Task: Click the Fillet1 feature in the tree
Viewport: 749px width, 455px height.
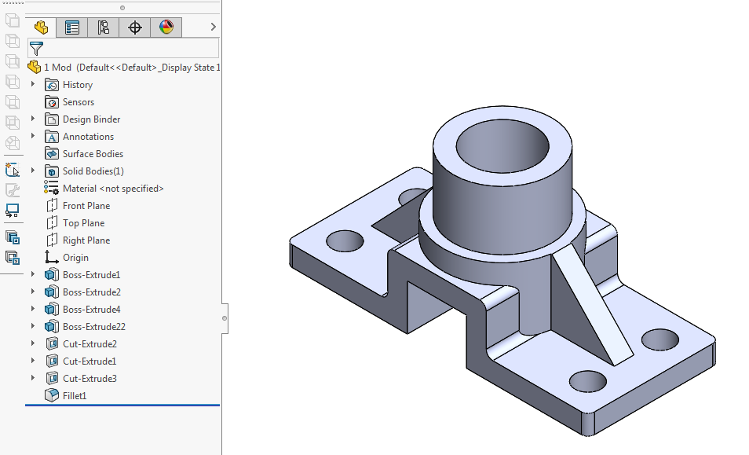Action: click(x=74, y=395)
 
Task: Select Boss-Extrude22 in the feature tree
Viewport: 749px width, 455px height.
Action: click(x=93, y=326)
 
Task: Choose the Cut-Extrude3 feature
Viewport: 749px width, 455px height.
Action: click(x=90, y=378)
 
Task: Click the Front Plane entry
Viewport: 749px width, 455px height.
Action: click(x=86, y=205)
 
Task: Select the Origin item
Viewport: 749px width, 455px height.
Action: click(x=75, y=257)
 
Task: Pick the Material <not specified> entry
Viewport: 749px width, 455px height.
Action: click(x=112, y=188)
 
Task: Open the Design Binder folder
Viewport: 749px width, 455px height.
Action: click(x=91, y=119)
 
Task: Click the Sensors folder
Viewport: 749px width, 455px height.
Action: click(x=78, y=101)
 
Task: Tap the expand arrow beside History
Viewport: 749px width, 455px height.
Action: click(x=33, y=84)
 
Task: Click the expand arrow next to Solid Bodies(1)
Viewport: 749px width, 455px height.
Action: click(x=33, y=171)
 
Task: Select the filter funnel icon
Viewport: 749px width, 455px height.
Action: click(x=36, y=49)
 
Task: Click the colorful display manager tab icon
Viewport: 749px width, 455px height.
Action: click(x=166, y=28)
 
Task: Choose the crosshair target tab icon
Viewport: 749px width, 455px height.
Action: click(x=135, y=28)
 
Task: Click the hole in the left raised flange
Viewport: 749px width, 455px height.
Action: click(x=345, y=240)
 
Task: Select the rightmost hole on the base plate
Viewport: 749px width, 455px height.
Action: click(x=659, y=339)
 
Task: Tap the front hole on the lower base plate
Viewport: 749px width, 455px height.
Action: click(x=587, y=381)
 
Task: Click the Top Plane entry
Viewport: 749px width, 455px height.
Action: click(x=83, y=222)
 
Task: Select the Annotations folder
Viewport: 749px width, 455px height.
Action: click(x=88, y=136)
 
